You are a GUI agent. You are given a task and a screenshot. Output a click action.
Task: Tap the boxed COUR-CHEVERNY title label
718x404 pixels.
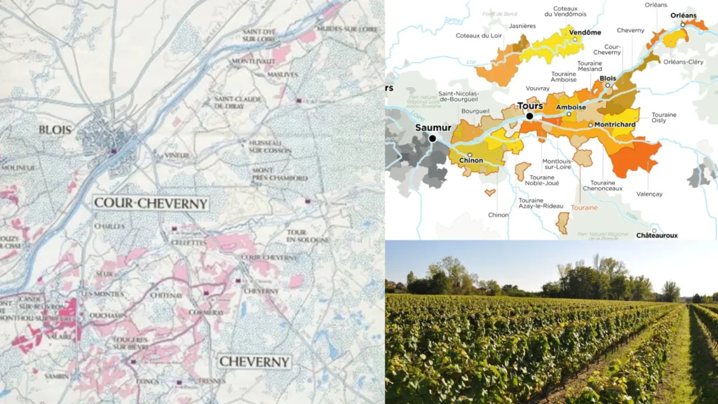151,204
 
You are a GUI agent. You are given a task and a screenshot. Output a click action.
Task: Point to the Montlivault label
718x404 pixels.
252,62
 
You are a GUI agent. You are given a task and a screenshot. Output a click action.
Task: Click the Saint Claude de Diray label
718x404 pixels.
238,102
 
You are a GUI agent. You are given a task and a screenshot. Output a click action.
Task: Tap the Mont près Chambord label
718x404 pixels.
280,175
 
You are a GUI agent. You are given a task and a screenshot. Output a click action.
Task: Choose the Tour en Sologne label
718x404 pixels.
307,236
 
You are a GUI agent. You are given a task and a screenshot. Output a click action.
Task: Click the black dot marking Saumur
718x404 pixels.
433,138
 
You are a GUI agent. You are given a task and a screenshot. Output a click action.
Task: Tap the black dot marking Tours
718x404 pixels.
530,116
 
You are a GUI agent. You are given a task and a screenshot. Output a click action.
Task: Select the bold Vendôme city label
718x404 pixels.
585,32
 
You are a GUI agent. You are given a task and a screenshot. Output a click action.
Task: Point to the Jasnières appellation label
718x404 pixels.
522,26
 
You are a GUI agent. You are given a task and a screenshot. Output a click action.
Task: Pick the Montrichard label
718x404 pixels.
616,125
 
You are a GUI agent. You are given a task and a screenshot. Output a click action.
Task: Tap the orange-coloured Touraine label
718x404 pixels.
584,208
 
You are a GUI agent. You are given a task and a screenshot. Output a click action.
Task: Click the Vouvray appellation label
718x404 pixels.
538,88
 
